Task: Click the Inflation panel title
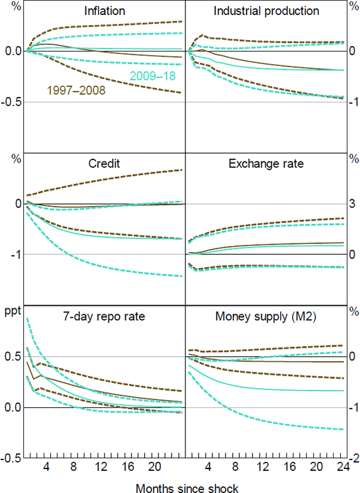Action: click(x=105, y=11)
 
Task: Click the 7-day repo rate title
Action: click(x=105, y=315)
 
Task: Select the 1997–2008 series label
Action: click(x=76, y=91)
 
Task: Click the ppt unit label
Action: click(x=13, y=311)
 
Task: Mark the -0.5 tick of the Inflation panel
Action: click(x=11, y=102)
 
